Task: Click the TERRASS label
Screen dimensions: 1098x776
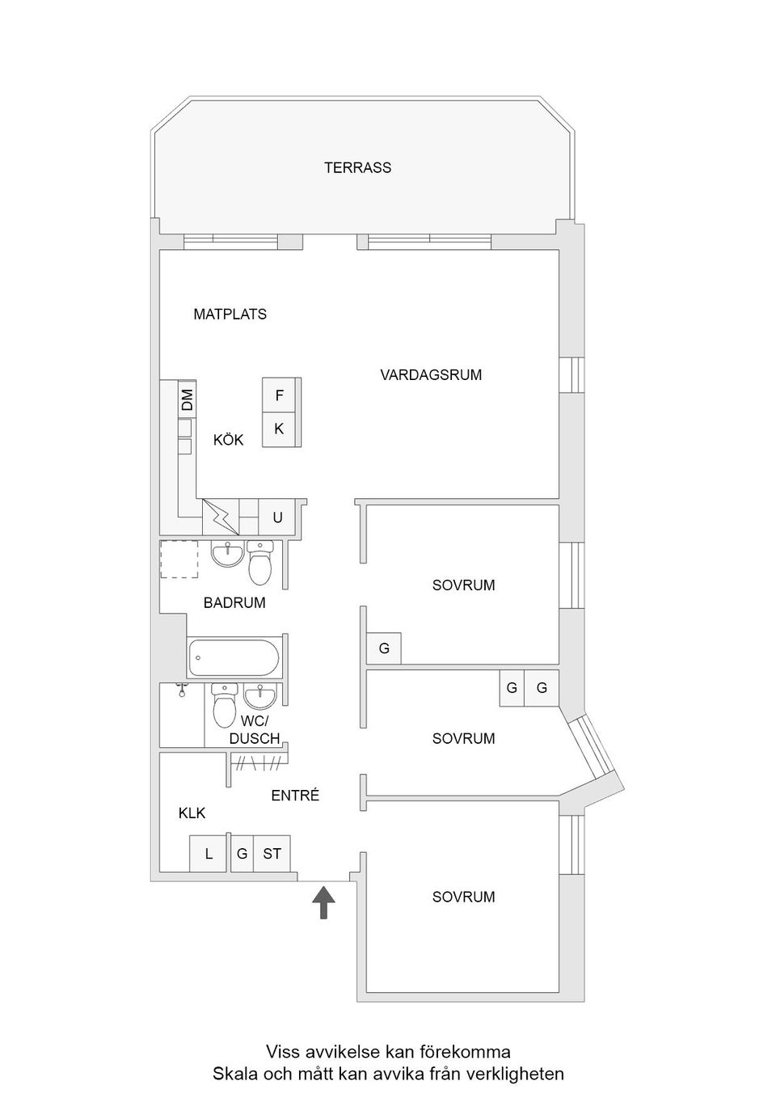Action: (x=357, y=167)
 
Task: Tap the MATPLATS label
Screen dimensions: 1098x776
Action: (x=230, y=314)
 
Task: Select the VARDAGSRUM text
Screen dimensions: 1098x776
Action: (x=431, y=374)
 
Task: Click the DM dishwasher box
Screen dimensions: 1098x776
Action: (x=187, y=399)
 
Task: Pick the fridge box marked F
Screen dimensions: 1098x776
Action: (x=279, y=395)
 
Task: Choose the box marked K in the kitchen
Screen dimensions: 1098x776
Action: (x=279, y=429)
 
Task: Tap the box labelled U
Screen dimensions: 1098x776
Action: (x=277, y=517)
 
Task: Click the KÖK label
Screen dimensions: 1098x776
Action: (x=228, y=440)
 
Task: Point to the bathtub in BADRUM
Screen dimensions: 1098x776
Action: (x=234, y=658)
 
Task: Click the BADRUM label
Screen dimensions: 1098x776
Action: (x=234, y=602)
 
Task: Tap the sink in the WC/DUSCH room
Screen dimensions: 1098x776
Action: (x=259, y=695)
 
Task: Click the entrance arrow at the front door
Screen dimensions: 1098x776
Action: (x=323, y=902)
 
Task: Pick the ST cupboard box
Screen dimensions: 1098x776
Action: (x=272, y=853)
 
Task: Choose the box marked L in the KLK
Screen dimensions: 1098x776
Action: (x=209, y=853)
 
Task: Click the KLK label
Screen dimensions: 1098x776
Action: (x=192, y=813)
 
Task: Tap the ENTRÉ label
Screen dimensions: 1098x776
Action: (x=295, y=796)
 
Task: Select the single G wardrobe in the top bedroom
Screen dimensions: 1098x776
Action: (x=384, y=648)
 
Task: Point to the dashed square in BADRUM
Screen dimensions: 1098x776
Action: (x=179, y=559)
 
